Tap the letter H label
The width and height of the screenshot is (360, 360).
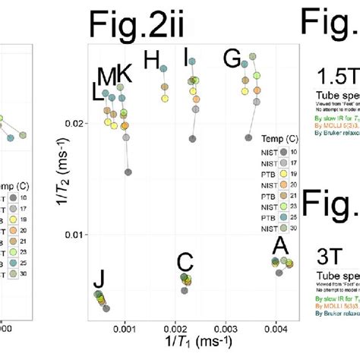[x=153, y=59]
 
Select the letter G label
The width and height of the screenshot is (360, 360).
[x=232, y=58]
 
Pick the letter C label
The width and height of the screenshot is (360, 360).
[x=185, y=262]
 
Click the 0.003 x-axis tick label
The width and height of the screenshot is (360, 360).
[x=226, y=331]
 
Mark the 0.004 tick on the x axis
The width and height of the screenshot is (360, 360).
[x=276, y=331]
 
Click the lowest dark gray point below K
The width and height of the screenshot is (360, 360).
[x=128, y=151]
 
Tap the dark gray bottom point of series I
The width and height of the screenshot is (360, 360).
[x=192, y=139]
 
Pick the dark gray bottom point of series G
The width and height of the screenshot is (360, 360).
[x=248, y=137]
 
